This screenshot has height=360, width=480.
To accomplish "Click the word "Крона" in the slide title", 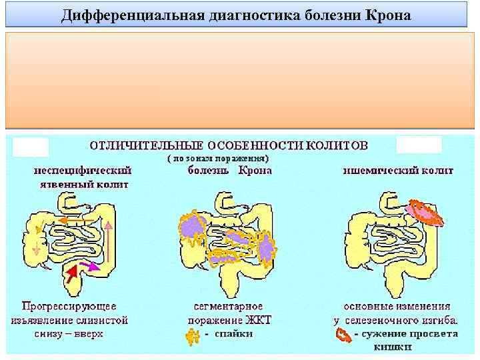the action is point(389,15).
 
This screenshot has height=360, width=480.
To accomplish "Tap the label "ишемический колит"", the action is point(398,170).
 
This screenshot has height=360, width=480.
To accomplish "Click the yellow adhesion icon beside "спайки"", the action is point(193,337).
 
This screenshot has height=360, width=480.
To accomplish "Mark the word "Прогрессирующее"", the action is point(69,307).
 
